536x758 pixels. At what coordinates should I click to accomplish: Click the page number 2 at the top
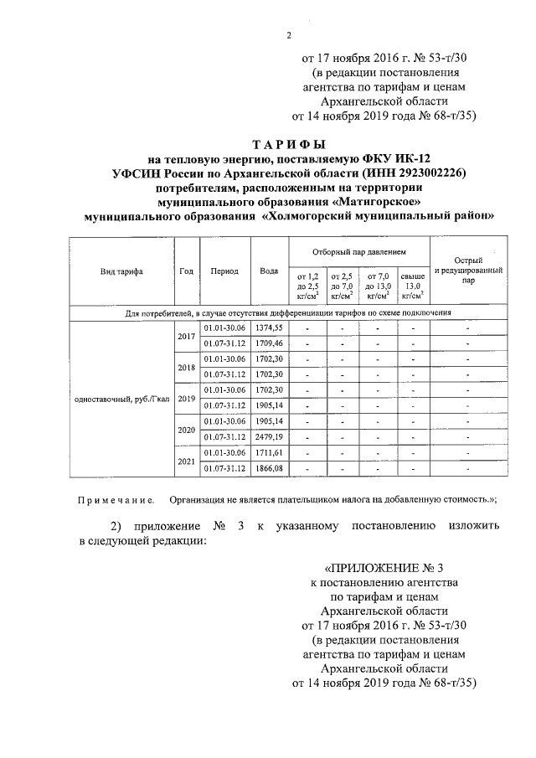287,34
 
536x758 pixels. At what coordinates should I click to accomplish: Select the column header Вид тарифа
121,271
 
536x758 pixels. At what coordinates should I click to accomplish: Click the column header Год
186,271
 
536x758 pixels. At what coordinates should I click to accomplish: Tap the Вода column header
269,271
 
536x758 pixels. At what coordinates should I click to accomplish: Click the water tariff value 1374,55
269,327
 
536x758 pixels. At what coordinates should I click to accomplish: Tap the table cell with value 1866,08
269,468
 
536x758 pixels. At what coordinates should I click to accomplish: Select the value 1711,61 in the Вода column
269,452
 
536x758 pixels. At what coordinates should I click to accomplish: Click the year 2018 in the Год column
186,367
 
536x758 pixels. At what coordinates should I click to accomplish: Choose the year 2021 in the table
186,461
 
